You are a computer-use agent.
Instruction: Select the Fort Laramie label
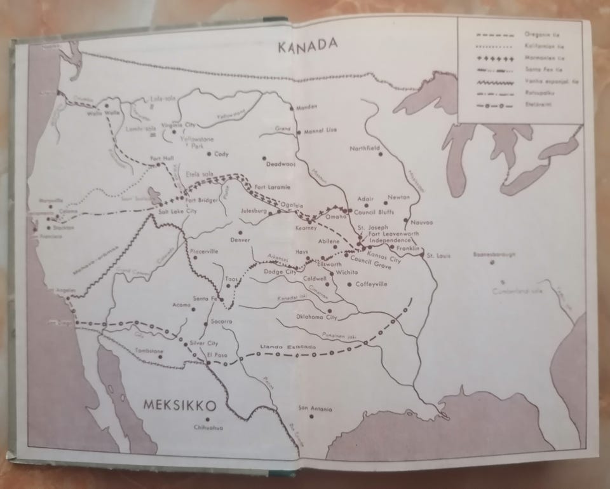click(272, 186)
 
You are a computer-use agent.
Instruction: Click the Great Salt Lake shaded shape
click(154, 194)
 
